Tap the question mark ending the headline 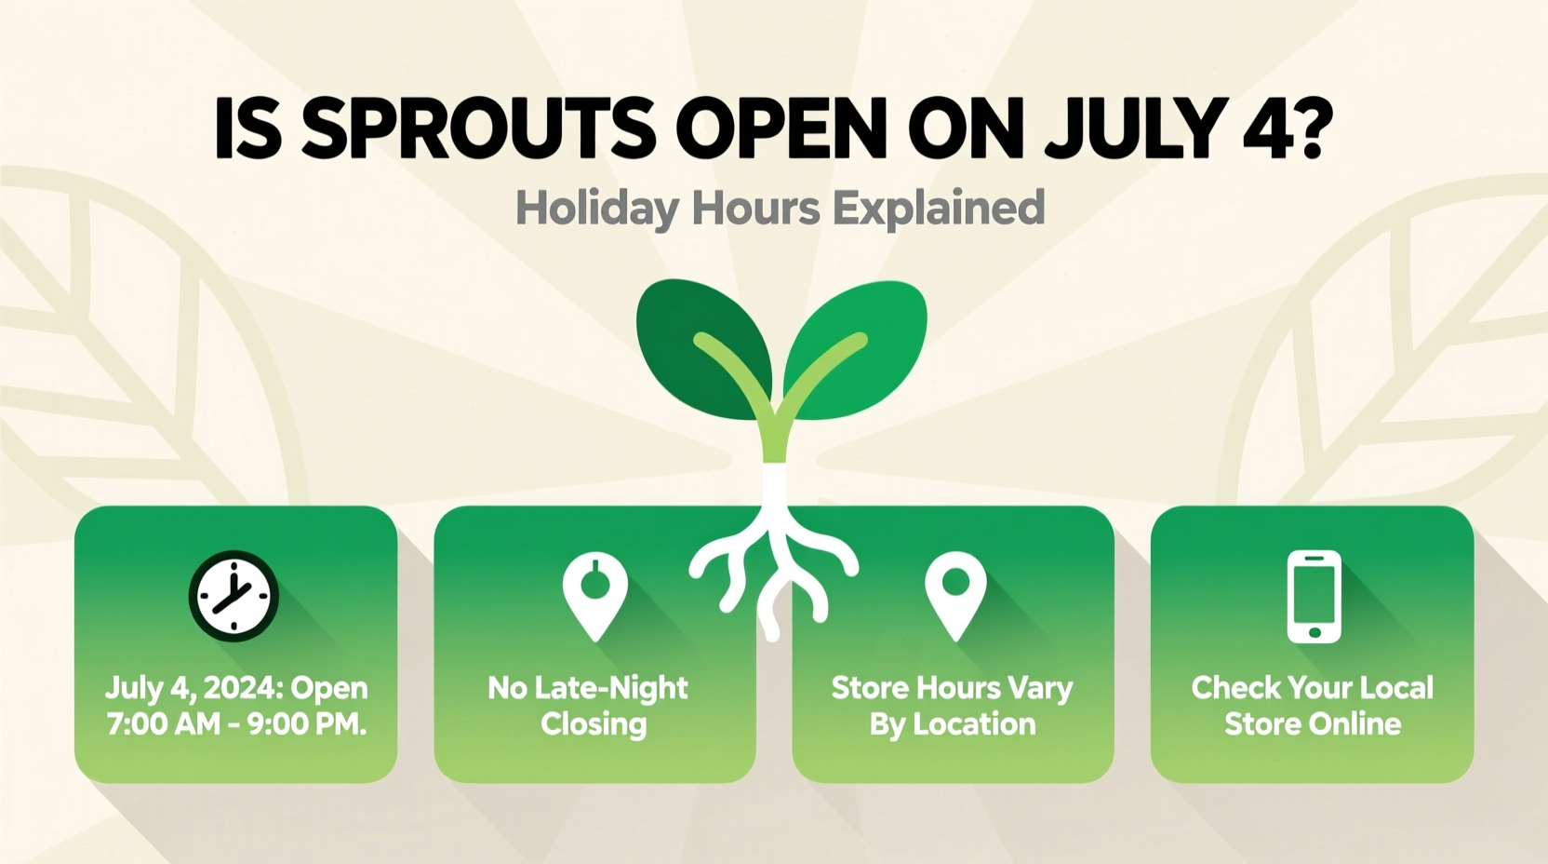pyautogui.click(x=1306, y=128)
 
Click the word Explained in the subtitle pyautogui.click(x=939, y=209)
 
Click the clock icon pyautogui.click(x=234, y=597)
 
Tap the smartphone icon pyautogui.click(x=1314, y=597)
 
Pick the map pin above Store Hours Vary pyautogui.click(x=955, y=594)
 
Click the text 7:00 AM pyautogui.click(x=163, y=724)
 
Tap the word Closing pyautogui.click(x=594, y=724)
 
